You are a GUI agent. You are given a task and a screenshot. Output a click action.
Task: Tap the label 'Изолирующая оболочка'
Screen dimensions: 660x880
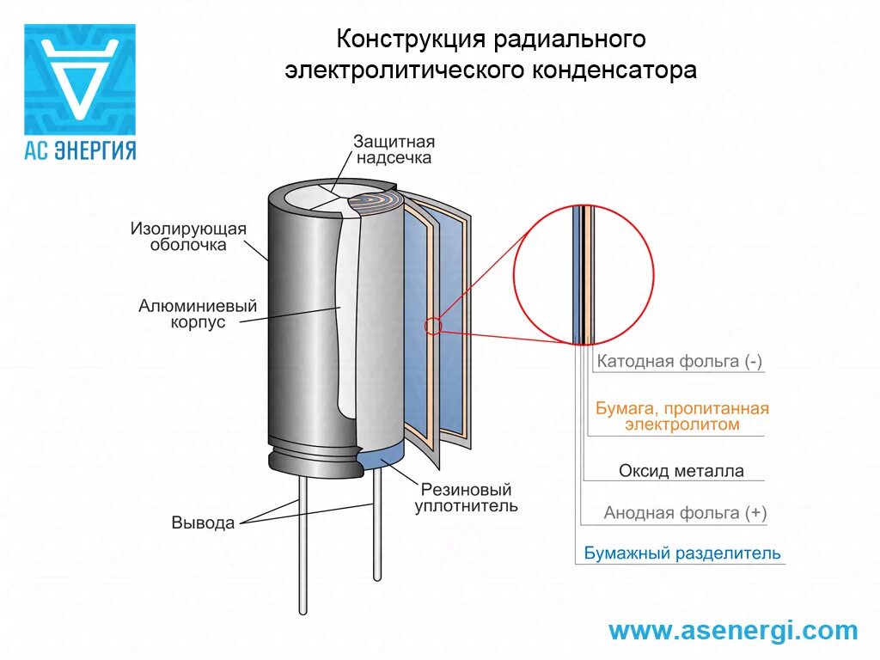(x=188, y=236)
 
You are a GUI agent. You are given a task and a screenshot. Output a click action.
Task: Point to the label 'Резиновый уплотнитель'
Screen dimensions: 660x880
(x=466, y=497)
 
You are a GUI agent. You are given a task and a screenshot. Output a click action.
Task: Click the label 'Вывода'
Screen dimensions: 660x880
(x=203, y=522)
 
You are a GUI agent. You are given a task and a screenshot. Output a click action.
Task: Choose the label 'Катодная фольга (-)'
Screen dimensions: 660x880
(x=679, y=361)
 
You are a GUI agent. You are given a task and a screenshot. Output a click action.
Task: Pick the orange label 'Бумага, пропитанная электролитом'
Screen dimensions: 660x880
(x=681, y=416)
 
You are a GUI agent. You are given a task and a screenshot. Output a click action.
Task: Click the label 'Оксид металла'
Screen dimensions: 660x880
(x=681, y=471)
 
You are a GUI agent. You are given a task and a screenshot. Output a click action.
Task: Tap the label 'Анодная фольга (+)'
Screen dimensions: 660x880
(x=685, y=513)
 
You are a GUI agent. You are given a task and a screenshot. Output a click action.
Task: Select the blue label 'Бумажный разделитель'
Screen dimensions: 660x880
(x=682, y=553)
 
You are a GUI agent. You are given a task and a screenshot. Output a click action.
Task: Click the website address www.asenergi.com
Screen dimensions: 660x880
(x=733, y=631)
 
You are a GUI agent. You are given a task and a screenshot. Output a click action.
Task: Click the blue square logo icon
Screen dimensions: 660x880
(x=79, y=78)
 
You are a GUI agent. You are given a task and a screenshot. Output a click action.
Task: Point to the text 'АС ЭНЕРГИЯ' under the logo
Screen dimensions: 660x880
(x=79, y=150)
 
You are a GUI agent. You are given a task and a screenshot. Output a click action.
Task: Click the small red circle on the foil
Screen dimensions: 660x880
(x=433, y=326)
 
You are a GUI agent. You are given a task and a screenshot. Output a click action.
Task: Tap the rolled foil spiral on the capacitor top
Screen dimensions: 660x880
(x=376, y=204)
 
